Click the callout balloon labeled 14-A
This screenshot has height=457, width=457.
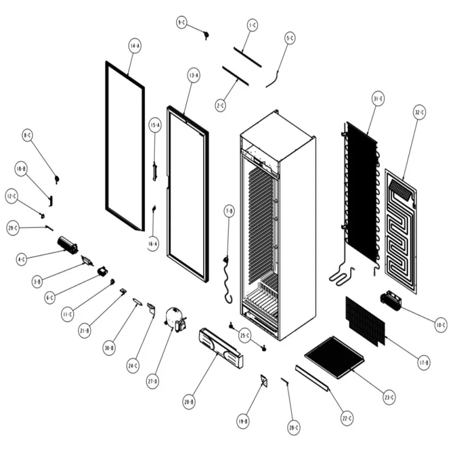134,46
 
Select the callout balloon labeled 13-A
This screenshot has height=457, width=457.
194,75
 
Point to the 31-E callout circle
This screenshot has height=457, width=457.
378,99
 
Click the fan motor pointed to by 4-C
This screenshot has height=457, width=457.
67,246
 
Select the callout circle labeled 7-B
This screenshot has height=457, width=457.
229,211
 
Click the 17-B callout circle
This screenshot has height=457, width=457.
424,362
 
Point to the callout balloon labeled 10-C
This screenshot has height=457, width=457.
440,326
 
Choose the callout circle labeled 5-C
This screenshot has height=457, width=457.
290,38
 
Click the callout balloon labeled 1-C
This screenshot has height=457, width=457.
252,25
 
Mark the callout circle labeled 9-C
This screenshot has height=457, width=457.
182,22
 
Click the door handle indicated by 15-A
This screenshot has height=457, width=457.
154,170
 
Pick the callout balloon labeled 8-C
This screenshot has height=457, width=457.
27,135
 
